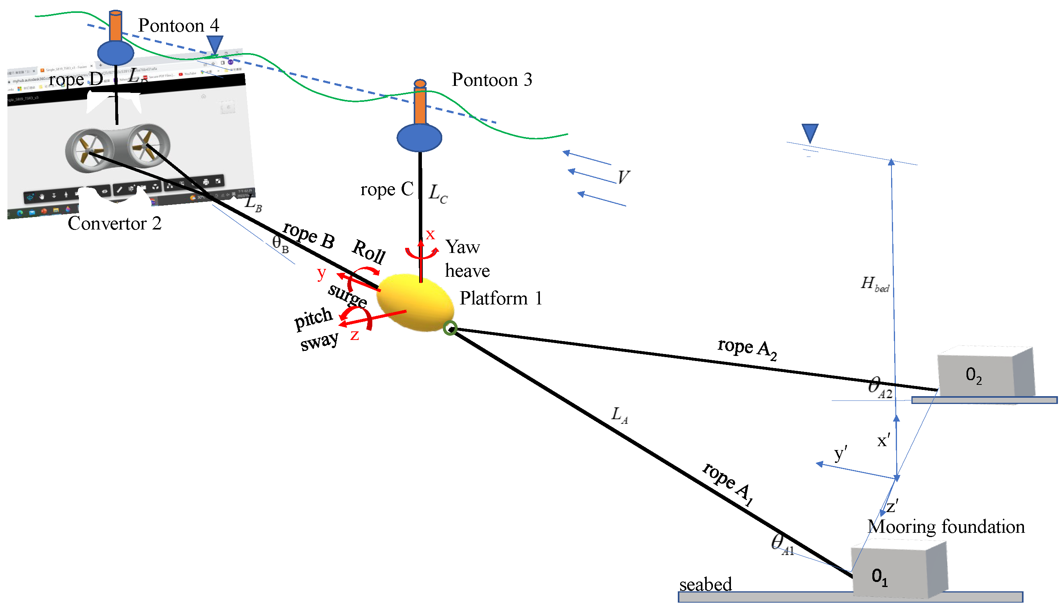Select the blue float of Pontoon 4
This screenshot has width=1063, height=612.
[115, 53]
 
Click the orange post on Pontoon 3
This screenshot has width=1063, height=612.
[420, 105]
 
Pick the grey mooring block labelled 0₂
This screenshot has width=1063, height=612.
[984, 372]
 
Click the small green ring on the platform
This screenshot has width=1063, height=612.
[450, 328]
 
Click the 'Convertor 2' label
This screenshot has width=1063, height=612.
[114, 224]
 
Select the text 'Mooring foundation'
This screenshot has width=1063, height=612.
[946, 527]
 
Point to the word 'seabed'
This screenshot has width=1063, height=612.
[705, 584]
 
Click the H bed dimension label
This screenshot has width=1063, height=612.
[874, 284]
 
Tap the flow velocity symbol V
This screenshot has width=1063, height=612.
[623, 177]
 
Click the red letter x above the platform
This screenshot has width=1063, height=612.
[429, 234]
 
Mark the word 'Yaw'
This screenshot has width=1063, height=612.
[462, 247]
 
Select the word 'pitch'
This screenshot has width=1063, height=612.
[313, 318]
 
